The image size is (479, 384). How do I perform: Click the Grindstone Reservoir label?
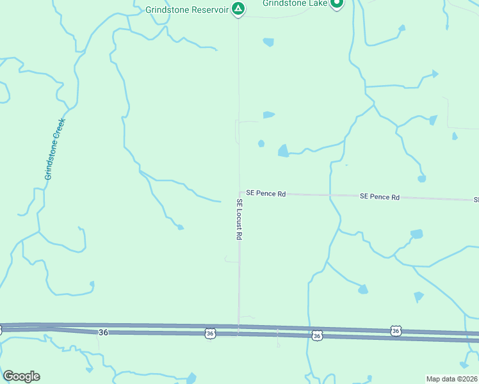point(187,10)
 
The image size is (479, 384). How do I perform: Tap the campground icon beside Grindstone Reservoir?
point(238,8)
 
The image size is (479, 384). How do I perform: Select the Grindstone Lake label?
point(295,3)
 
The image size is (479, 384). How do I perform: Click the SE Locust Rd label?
point(239,219)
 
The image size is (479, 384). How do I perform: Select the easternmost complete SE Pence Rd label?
point(379,197)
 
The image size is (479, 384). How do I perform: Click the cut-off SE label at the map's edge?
point(476,200)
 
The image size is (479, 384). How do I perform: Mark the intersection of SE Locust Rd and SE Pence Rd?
point(240,192)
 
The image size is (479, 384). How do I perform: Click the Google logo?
point(21,376)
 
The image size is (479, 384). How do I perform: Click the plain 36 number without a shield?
point(103,332)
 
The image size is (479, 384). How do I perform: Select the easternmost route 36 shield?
point(396,331)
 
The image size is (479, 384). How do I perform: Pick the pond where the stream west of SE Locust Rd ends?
point(181,227)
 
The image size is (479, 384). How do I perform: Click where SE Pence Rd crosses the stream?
point(330,195)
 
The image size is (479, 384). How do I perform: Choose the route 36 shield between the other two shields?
point(316,335)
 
